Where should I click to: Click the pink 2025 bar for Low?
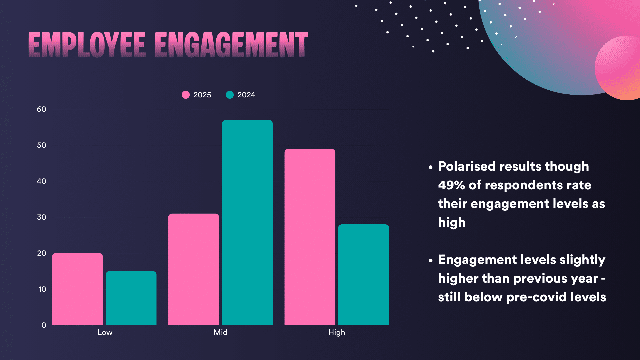(x=77, y=289)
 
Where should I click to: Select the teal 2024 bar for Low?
(x=131, y=298)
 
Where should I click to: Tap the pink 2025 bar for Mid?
(x=194, y=269)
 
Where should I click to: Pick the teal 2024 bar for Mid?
(x=247, y=222)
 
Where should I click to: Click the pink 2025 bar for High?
(x=310, y=237)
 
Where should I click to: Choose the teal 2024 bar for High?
(x=363, y=274)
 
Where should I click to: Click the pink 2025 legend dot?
(x=186, y=95)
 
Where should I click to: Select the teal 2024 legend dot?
(x=230, y=95)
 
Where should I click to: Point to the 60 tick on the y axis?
(x=42, y=109)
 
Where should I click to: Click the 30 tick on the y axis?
(x=42, y=217)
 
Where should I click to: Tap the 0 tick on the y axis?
(x=44, y=325)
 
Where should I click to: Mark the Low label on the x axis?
(x=105, y=333)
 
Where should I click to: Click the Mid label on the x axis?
(x=220, y=333)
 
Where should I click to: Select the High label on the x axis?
(x=337, y=333)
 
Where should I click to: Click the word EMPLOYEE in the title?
(x=87, y=45)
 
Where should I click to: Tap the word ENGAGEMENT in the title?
(x=231, y=45)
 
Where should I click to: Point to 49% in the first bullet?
(x=451, y=185)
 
